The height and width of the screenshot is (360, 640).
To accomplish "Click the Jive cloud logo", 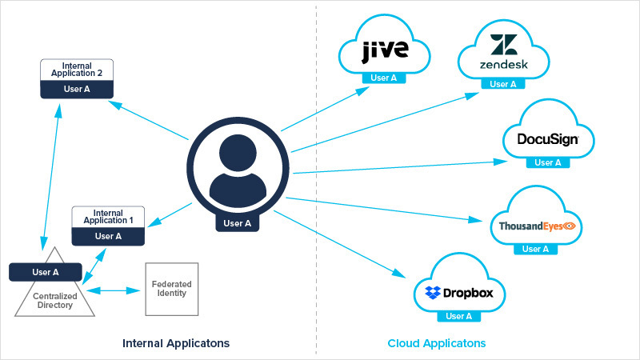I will [386, 50].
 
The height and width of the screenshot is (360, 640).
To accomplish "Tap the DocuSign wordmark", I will [547, 139].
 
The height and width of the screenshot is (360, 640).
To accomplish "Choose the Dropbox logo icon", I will [434, 294].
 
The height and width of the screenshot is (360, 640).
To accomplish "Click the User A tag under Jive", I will [385, 78].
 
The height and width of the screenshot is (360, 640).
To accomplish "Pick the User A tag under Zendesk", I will [503, 83].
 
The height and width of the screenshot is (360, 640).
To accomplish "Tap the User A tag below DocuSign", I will [548, 162].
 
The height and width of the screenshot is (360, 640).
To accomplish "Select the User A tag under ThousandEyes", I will [535, 249].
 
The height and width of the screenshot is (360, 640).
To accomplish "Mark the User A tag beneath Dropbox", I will [458, 316].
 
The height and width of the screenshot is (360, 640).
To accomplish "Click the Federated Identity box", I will [171, 288].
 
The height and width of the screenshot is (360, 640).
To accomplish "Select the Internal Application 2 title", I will [77, 69].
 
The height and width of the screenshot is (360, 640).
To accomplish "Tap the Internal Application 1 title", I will [108, 215].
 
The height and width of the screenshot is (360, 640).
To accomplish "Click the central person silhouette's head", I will [237, 153].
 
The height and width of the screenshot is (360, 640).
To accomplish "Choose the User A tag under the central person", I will [237, 223].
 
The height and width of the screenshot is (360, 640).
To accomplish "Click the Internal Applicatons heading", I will [176, 342].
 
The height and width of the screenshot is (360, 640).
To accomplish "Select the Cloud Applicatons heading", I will [437, 342].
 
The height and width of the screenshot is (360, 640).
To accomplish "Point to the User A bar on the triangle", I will [45, 272].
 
